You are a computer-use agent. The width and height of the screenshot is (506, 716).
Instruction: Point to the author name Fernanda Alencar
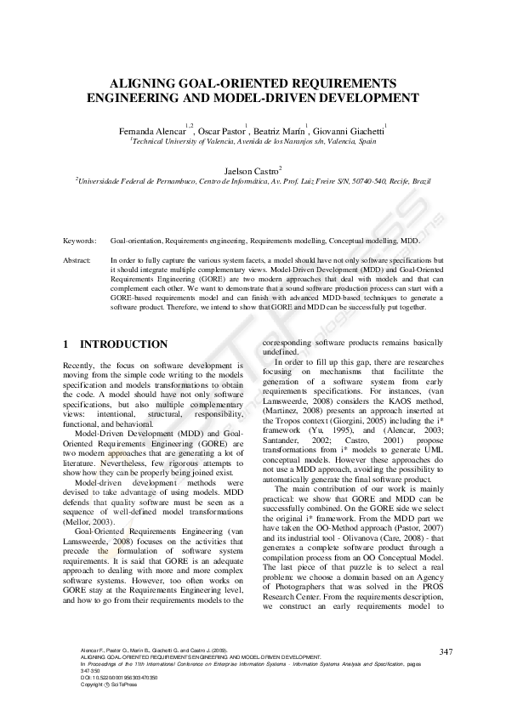155,131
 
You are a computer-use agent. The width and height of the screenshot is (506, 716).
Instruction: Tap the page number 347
446,651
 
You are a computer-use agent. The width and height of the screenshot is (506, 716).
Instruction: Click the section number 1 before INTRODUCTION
66,344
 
